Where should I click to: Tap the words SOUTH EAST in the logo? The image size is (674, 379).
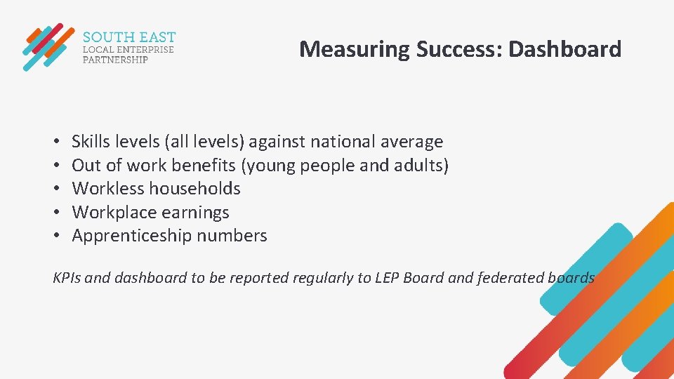pos(129,36)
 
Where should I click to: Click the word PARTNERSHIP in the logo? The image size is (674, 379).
pos(115,60)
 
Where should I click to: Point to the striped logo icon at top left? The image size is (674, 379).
pos(47,46)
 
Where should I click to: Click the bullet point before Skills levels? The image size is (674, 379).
pos(56,142)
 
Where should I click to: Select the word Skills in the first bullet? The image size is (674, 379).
pos(91,142)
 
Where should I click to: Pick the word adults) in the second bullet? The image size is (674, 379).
pos(424,166)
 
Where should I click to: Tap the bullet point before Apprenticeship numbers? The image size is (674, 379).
pos(56,236)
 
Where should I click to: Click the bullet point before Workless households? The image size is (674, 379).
pos(56,189)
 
